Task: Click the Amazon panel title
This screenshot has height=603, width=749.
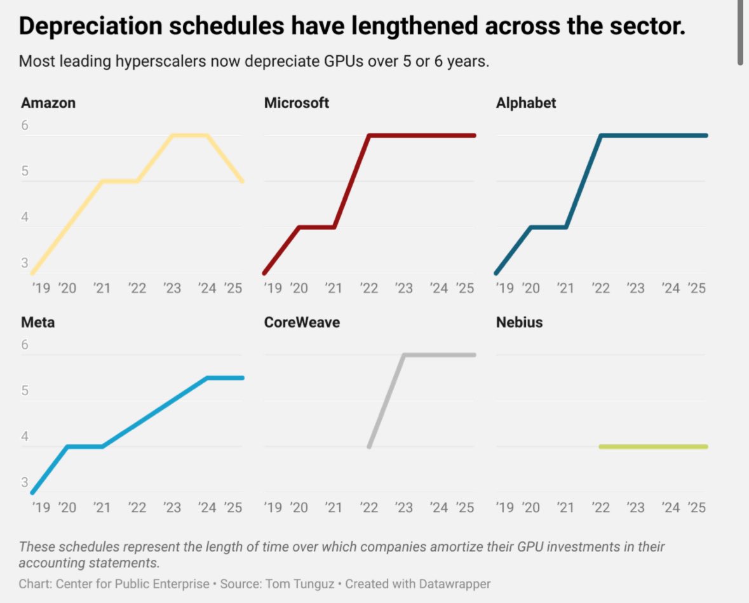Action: coord(48,103)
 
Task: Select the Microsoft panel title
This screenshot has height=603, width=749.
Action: coord(296,103)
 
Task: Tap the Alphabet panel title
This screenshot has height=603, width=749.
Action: coord(525,103)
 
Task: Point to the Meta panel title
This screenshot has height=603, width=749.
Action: coord(37,322)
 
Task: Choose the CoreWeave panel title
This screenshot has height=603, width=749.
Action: coord(301,322)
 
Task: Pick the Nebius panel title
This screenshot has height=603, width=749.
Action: coord(519,322)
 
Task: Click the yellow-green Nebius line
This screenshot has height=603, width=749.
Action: coord(652,447)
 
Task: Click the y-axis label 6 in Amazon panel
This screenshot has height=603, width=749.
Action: coord(25,126)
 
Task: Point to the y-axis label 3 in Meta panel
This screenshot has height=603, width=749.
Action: coord(25,482)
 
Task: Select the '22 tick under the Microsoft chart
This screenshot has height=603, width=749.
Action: coord(368,288)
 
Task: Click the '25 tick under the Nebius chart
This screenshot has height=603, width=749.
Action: coord(697,508)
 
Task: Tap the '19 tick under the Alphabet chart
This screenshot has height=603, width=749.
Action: coord(504,288)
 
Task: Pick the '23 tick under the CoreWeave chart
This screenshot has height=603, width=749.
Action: coord(404,508)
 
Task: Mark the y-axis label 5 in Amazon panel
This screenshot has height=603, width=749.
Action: coord(25,172)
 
